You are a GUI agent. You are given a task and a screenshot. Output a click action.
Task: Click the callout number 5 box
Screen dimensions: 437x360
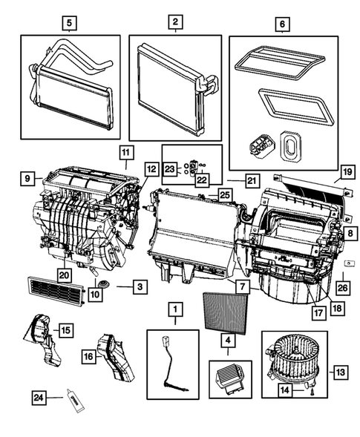pyautogui.click(x=69, y=23)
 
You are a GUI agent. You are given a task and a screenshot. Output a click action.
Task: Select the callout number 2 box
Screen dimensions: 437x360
pyautogui.click(x=174, y=23)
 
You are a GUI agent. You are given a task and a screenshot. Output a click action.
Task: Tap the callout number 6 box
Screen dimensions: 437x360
pyautogui.click(x=281, y=23)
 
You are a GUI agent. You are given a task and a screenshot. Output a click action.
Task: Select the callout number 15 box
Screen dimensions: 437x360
pyautogui.click(x=66, y=329)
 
